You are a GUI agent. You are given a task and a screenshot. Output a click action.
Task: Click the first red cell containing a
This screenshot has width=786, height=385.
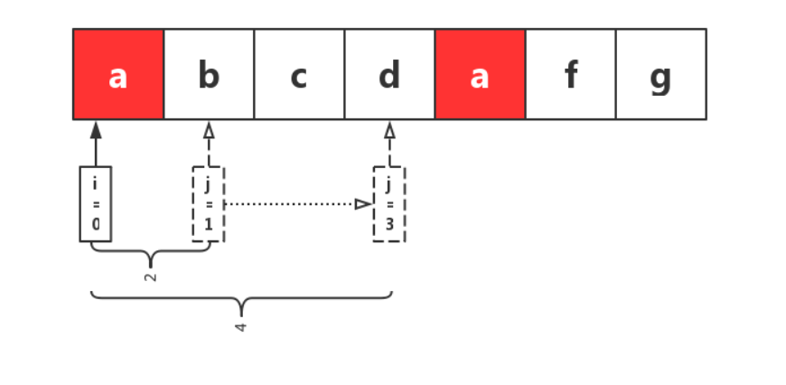(118, 74)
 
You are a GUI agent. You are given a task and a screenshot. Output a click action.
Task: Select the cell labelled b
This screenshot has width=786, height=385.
(209, 74)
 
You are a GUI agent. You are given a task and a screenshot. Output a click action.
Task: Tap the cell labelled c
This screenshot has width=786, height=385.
(299, 74)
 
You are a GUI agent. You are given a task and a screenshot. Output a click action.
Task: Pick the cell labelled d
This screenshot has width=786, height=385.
(389, 74)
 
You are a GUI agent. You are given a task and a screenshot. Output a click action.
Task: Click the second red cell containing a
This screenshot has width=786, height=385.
(480, 74)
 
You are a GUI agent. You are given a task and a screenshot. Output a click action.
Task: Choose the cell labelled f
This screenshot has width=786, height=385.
(570, 74)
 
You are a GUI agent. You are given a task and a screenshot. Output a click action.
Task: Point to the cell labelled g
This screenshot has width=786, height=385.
(660, 74)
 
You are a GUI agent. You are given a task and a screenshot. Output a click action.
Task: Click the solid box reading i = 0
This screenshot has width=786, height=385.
(96, 204)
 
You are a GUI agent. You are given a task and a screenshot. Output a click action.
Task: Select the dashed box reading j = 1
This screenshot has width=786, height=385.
(209, 204)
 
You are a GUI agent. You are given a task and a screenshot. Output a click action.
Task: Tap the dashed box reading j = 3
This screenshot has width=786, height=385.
(389, 204)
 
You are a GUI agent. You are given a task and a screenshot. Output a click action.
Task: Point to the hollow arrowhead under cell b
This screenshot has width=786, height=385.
(209, 130)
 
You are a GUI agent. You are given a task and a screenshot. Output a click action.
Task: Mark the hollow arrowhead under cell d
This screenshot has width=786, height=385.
(389, 130)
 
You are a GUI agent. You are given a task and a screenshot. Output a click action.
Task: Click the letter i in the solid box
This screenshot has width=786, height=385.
(96, 184)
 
